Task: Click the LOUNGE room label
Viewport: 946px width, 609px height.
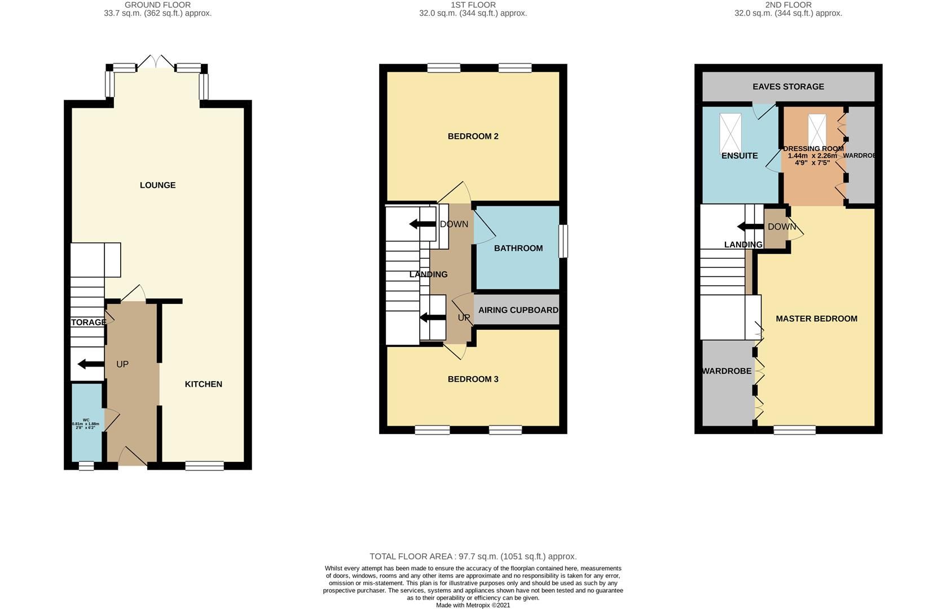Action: click(157, 185)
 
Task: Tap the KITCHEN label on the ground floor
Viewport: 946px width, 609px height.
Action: click(204, 384)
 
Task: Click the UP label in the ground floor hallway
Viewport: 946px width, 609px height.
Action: click(122, 364)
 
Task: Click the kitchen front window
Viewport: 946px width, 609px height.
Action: click(204, 465)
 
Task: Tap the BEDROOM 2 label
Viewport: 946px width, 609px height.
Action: click(473, 136)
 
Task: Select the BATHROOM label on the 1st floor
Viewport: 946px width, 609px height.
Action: click(518, 248)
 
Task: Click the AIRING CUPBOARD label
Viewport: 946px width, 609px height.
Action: click(518, 310)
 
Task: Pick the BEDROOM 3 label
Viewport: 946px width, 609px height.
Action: click(473, 379)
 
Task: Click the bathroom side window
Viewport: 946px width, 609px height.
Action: click(563, 242)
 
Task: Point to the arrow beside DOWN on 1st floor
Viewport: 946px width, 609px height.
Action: click(423, 224)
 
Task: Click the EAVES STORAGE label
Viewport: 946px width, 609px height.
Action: click(788, 86)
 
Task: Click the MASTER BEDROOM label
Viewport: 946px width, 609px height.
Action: click(816, 319)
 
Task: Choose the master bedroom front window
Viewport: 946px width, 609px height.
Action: click(794, 430)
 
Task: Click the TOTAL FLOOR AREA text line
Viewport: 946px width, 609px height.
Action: click(473, 557)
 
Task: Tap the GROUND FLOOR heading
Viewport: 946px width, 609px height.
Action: click(157, 5)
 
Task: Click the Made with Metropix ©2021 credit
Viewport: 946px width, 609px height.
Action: click(473, 605)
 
